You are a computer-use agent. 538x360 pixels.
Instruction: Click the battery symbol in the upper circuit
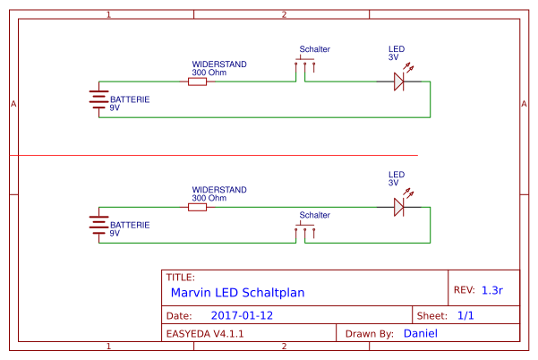pyautogui.click(x=98, y=99)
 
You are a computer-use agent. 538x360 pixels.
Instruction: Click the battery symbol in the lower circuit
pyautogui.click(x=98, y=225)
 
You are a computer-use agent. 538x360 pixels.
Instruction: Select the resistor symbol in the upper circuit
pyautogui.click(x=197, y=81)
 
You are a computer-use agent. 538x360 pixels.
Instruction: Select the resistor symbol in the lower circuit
pyautogui.click(x=197, y=207)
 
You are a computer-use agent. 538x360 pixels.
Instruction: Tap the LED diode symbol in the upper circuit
pyautogui.click(x=400, y=81)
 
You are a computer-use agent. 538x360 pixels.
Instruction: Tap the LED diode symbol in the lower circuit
pyautogui.click(x=400, y=207)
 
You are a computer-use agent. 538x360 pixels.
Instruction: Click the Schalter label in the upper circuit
pyautogui.click(x=314, y=50)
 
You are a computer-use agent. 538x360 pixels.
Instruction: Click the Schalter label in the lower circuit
pyautogui.click(x=314, y=216)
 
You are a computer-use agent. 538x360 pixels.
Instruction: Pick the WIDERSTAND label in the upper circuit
pyautogui.click(x=219, y=65)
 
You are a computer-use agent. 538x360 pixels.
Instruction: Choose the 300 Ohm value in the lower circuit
pyautogui.click(x=209, y=198)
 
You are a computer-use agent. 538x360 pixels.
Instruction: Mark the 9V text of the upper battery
pyautogui.click(x=115, y=107)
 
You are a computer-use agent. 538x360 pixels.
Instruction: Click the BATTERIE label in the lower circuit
pyautogui.click(x=130, y=225)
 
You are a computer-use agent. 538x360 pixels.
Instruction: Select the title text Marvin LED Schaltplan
pyautogui.click(x=237, y=292)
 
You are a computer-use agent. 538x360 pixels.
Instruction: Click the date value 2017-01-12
pyautogui.click(x=242, y=316)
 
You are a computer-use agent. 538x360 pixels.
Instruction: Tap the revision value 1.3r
pyautogui.click(x=492, y=290)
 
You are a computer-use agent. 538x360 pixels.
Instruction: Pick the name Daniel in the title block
pyautogui.click(x=421, y=333)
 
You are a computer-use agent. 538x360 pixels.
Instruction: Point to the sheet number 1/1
pyautogui.click(x=465, y=316)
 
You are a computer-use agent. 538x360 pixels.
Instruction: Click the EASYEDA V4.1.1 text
pyautogui.click(x=205, y=333)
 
